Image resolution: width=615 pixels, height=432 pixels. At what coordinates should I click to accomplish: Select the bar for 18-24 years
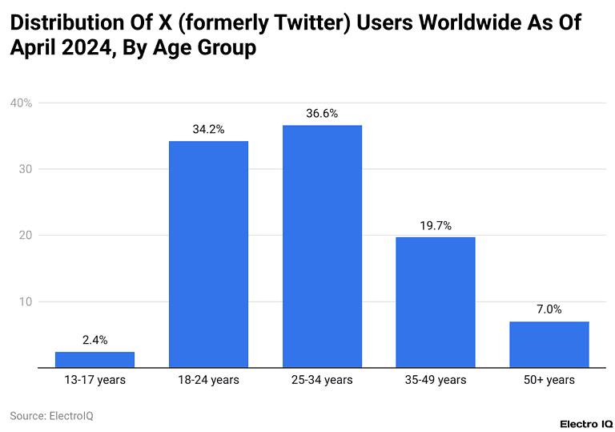(208, 255)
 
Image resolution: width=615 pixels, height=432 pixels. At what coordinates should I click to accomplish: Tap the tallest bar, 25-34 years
(322, 247)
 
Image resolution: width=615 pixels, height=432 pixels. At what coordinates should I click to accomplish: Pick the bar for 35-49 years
(436, 303)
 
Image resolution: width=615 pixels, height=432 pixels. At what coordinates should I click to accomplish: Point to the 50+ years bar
(549, 345)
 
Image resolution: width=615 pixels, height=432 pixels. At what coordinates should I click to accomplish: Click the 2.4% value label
(94, 340)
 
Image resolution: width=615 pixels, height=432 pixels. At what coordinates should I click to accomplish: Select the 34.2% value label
(208, 129)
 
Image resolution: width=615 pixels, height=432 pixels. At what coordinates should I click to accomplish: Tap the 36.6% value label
(322, 113)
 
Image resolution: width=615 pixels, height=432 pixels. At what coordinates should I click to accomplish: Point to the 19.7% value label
(436, 225)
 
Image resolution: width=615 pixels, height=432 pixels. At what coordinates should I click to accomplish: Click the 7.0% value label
(549, 309)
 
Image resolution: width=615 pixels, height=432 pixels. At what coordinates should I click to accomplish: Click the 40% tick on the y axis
(21, 103)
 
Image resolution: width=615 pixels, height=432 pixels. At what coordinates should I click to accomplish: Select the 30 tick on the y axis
(25, 169)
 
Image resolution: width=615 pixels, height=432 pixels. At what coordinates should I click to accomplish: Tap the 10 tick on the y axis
(25, 302)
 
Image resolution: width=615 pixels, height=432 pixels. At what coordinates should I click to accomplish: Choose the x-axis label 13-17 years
(94, 380)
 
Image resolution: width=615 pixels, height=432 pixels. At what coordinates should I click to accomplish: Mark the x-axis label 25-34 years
(322, 380)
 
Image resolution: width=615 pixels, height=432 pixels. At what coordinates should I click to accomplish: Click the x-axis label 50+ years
(549, 380)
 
